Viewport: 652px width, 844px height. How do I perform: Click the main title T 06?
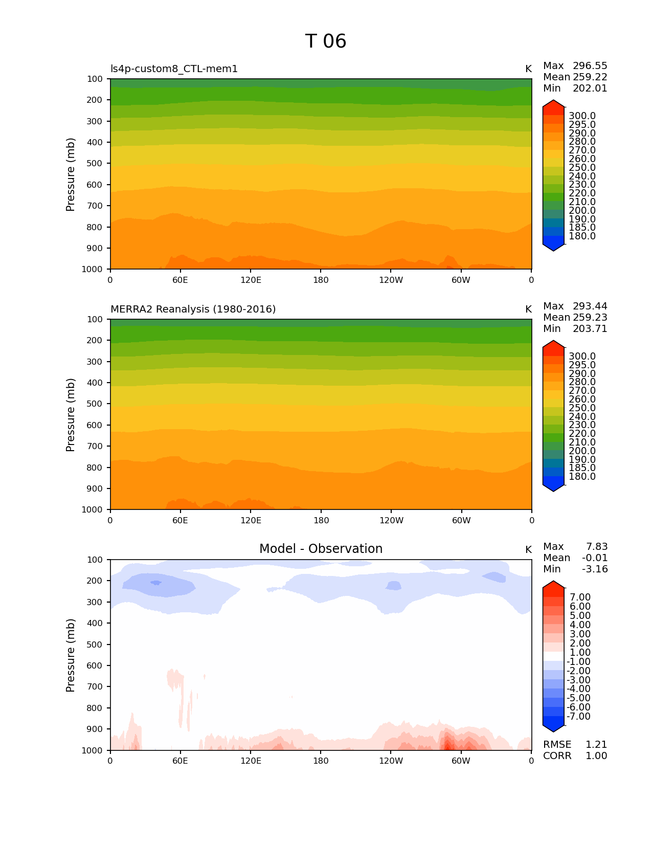click(x=326, y=41)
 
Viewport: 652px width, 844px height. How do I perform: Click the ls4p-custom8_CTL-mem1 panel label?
click(x=174, y=69)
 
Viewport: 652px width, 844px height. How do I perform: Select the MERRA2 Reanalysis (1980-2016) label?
click(x=193, y=309)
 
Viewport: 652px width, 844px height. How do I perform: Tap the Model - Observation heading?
click(x=321, y=549)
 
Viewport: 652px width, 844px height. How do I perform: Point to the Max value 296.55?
click(x=590, y=66)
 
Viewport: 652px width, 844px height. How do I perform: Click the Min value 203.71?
click(x=590, y=329)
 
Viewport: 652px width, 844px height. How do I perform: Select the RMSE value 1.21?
click(x=596, y=745)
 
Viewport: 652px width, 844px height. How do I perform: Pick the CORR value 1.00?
click(x=596, y=756)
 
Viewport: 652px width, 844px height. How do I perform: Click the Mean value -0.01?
click(x=595, y=558)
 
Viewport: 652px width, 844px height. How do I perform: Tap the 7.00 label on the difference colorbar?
click(x=580, y=597)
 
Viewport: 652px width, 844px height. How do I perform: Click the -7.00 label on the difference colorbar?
click(x=578, y=717)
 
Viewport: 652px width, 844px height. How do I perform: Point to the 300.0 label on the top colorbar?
click(x=582, y=116)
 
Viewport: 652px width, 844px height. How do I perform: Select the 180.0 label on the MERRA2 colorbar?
click(x=582, y=477)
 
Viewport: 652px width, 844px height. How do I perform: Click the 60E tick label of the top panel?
click(x=180, y=280)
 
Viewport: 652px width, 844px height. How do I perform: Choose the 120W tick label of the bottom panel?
click(x=391, y=761)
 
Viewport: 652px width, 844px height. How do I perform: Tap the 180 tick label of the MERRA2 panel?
click(x=321, y=521)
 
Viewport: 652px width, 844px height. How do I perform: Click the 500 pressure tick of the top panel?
click(x=95, y=164)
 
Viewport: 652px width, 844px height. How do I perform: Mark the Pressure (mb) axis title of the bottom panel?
click(x=71, y=655)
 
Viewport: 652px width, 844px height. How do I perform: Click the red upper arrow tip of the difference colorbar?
click(x=553, y=584)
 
